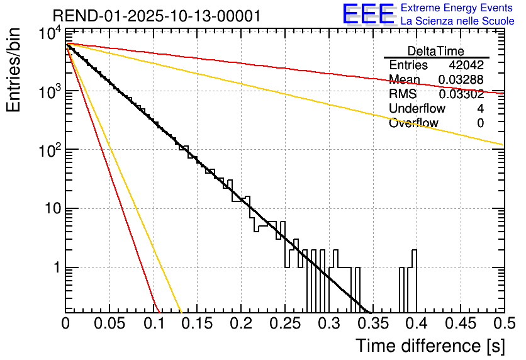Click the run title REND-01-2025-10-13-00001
[157, 16]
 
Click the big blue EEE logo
[368, 14]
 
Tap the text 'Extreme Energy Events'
[457, 8]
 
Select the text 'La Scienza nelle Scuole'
[457, 21]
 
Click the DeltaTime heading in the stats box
[436, 51]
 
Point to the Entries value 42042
[466, 65]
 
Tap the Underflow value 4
[480, 109]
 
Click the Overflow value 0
[480, 123]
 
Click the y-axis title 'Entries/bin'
[16, 70]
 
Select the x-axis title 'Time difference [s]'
[429, 346]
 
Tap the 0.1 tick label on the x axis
[154, 324]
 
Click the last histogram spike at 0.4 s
[415, 258]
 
